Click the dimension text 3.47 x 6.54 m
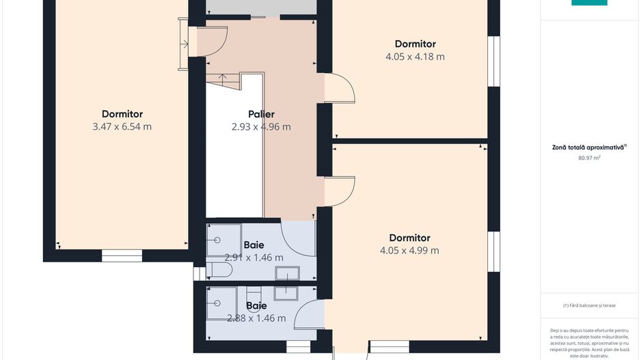[x=122, y=126]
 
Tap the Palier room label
[x=261, y=114]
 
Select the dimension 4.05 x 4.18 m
[x=415, y=57]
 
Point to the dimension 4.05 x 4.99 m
[x=409, y=251]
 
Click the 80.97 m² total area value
[x=589, y=158]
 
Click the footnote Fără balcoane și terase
[x=589, y=305]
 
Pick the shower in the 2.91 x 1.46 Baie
[x=223, y=240]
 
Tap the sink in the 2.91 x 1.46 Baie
[x=287, y=273]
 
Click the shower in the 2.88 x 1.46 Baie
[x=221, y=303]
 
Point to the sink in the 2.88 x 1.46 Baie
[x=286, y=293]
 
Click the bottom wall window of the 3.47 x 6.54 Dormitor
[x=122, y=255]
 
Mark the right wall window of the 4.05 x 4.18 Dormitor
[x=494, y=61]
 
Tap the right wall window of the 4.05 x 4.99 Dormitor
[x=494, y=251]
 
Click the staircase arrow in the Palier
[x=222, y=80]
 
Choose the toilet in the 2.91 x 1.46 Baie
[x=219, y=270]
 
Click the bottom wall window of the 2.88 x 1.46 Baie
[x=298, y=347]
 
